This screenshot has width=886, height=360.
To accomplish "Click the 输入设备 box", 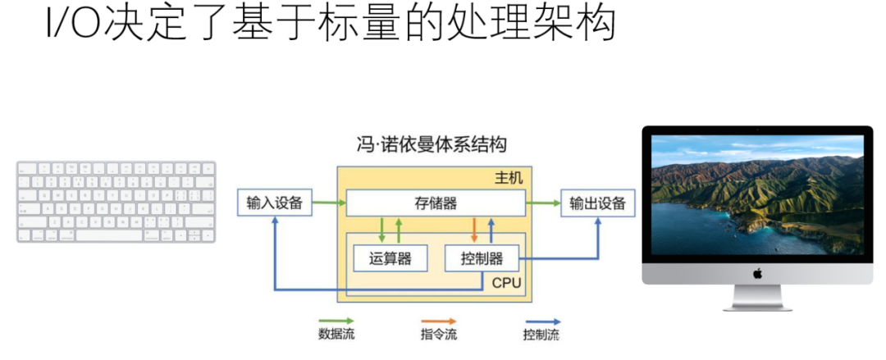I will point(275,203).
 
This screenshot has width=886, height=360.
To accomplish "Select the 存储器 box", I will point(436,203).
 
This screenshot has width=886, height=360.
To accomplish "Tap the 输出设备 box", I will point(597,203).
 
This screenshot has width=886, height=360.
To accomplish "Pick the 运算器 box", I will point(390,259).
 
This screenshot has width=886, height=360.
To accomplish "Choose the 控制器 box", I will point(482,259).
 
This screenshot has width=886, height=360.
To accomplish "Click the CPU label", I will point(507,283).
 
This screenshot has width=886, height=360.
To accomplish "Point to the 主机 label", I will point(508,178).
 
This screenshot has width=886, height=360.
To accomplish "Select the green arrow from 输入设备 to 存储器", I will point(329,202).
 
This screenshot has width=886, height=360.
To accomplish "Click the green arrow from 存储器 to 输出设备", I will point(542,202).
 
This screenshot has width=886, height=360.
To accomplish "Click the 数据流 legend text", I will point(336,335).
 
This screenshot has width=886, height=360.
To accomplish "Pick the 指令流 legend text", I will point(439,335).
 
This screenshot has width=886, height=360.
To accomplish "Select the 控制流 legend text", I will point(541,335).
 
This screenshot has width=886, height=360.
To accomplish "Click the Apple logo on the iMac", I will point(756,273).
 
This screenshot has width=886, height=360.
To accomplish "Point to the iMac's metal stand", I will point(756,297).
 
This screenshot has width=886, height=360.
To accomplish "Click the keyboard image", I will point(116,202).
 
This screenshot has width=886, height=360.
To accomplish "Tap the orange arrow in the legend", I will point(439,321).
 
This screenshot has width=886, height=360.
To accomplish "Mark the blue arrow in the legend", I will point(541,321).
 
